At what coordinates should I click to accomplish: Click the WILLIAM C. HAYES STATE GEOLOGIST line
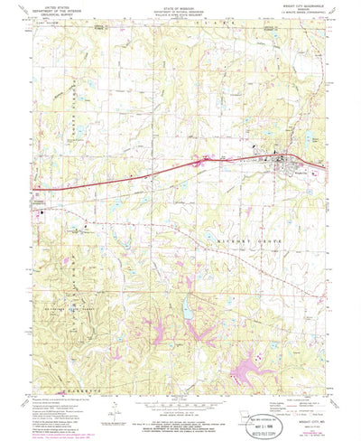(x=180, y=18)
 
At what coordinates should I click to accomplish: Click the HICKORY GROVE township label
(x=242, y=242)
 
